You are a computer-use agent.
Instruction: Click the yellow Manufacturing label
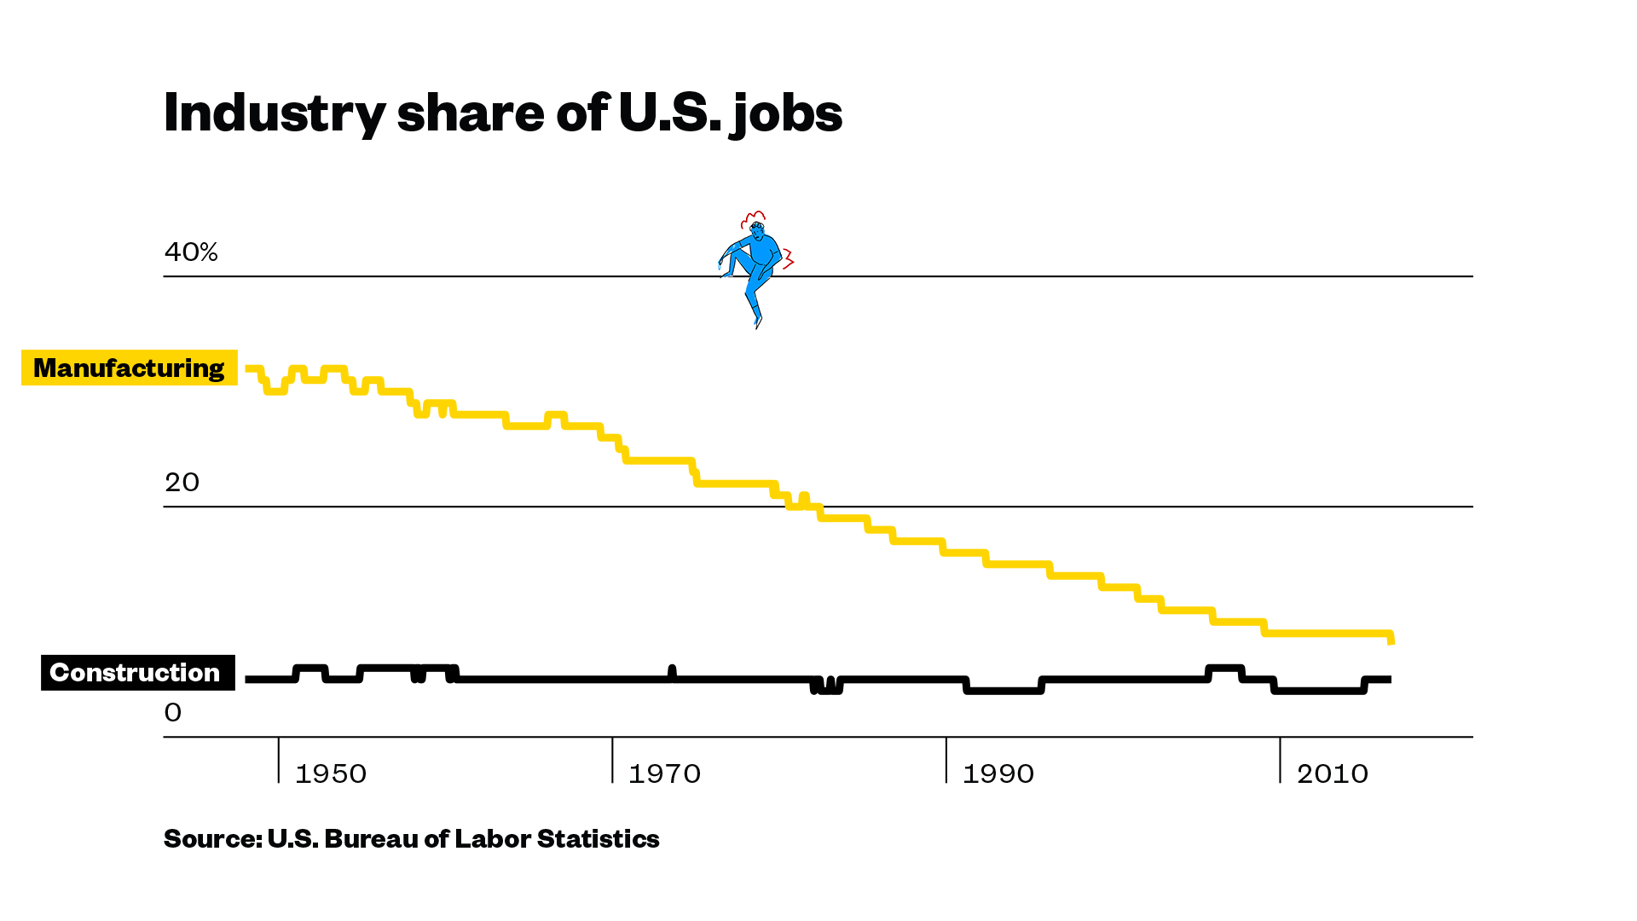coord(129,368)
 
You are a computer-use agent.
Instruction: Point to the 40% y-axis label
coord(191,252)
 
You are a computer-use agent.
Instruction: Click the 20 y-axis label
coord(182,483)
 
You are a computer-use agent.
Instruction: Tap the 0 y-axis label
coord(173,713)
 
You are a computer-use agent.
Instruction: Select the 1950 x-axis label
coord(331,774)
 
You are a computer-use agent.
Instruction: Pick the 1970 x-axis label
coord(664,774)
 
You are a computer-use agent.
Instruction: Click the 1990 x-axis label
coord(998,774)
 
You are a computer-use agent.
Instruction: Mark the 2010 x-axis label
coord(1333,774)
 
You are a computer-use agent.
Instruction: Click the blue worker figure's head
coord(755,228)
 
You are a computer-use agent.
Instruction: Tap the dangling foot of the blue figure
coord(757,321)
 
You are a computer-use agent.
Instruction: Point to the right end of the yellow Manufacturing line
coord(1391,640)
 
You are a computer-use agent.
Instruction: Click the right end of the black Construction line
coord(1389,680)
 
